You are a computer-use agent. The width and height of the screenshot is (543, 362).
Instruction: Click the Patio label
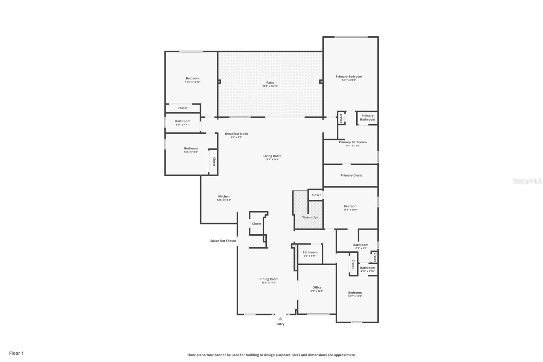(270, 83)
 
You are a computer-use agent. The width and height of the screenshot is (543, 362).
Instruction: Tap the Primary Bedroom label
(349, 76)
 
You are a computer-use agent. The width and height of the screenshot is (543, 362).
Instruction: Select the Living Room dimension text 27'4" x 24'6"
(272, 160)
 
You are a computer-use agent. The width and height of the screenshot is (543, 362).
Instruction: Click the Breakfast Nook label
(236, 134)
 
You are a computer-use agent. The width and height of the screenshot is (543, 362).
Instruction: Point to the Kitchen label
(224, 196)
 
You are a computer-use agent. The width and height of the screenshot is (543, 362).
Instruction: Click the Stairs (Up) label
(310, 217)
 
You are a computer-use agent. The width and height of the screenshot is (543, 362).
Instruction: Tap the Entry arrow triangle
(280, 319)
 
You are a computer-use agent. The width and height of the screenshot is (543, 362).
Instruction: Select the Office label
(317, 287)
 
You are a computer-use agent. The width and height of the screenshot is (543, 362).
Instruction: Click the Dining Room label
(269, 279)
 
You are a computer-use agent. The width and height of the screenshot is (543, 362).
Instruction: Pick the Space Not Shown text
(223, 241)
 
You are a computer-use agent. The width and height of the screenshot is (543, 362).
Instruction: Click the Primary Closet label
(352, 175)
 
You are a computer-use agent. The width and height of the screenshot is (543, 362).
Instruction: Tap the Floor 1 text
(16, 353)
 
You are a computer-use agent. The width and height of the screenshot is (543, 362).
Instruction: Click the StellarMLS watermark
(527, 181)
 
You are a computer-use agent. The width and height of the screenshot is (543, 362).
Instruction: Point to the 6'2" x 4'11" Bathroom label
(310, 252)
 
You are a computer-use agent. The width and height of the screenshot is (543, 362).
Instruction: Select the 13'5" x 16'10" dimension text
(192, 82)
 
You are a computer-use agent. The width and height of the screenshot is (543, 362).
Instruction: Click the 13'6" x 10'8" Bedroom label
(191, 148)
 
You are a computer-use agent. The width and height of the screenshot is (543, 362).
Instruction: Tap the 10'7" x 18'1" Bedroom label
(355, 293)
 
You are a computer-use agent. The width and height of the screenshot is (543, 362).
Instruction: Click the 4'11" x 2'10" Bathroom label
(368, 268)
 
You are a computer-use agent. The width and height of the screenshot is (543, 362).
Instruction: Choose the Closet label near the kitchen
(257, 224)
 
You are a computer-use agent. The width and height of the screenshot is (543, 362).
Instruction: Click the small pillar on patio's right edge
(321, 82)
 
